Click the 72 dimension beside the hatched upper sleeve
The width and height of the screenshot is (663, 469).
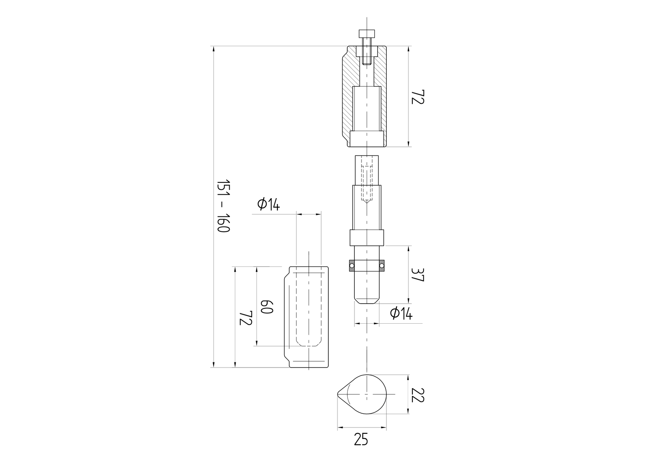pos(417,97)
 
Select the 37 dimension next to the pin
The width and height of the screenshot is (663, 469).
pos(417,275)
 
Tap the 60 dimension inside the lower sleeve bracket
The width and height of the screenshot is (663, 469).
pos(266,306)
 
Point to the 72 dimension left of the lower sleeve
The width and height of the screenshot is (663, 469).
pos(245,317)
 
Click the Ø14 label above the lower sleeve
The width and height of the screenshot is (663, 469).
pos(268,204)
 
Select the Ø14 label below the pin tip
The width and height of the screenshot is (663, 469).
pos(401,313)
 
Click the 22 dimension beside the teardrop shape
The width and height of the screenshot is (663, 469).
pos(417,394)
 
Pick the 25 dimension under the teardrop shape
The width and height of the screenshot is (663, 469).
pos(361,439)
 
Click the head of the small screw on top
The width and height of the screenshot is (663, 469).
pos(367,33)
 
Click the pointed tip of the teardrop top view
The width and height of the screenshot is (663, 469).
pos(339,394)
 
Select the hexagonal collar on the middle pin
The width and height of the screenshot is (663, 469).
pos(367,238)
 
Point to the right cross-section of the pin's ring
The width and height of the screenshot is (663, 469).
pos(382,266)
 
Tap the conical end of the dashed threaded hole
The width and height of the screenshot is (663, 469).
pos(367,201)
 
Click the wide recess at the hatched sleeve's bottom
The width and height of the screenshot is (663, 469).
pos(367,138)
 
